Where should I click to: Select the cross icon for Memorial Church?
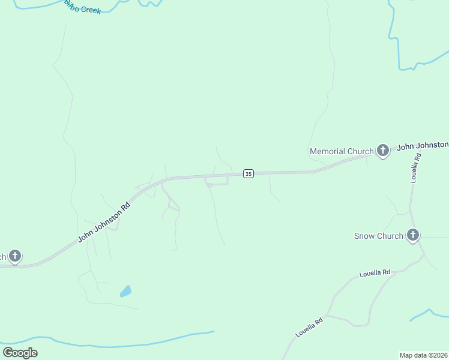(383, 151)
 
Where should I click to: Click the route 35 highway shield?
(249, 173)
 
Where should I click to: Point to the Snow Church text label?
(378, 236)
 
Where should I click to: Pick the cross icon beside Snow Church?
(412, 235)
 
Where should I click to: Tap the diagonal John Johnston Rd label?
(104, 222)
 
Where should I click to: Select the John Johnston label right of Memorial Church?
(423, 145)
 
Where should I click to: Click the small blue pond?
(125, 292)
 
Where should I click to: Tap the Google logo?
(20, 352)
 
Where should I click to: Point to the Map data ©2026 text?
(424, 355)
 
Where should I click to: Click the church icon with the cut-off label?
(15, 256)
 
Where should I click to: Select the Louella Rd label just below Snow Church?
(375, 273)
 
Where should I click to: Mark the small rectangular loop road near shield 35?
(217, 181)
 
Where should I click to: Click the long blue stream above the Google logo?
(120, 344)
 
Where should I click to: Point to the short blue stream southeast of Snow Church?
(429, 313)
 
